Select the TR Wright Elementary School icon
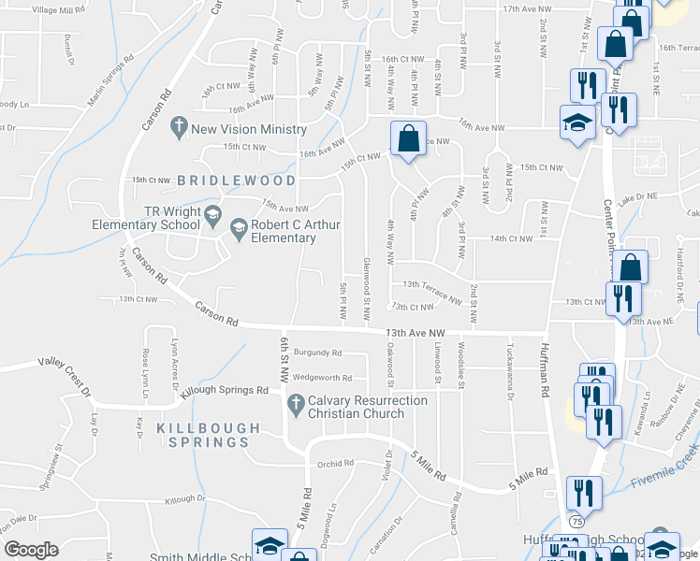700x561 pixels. [x=212, y=216]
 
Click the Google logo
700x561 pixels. [x=32, y=549]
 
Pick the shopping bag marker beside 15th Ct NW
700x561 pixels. [x=408, y=140]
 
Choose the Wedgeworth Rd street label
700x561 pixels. [x=322, y=378]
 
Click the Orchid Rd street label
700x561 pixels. [x=334, y=463]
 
